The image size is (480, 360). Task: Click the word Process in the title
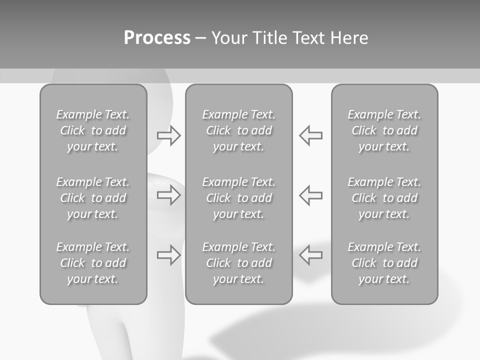[x=157, y=38]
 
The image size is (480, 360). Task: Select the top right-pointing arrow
[x=168, y=135]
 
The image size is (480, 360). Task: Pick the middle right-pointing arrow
[x=168, y=195]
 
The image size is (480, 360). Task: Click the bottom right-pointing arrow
[x=168, y=254]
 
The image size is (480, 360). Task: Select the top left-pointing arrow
[x=311, y=135]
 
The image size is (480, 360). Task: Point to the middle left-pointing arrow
[x=311, y=195]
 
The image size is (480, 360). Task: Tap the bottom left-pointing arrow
[x=311, y=254]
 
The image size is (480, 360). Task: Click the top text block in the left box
[x=93, y=130]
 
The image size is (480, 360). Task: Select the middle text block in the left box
[x=93, y=198]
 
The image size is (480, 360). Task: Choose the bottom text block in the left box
[x=93, y=263]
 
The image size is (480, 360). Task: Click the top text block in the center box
[x=239, y=130]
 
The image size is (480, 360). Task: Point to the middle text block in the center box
[x=239, y=198]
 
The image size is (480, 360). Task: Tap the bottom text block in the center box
[x=239, y=263]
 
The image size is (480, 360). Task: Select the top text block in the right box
[x=384, y=130]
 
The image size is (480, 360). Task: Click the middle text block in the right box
[x=384, y=198]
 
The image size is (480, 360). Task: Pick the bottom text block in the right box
[x=384, y=263]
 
